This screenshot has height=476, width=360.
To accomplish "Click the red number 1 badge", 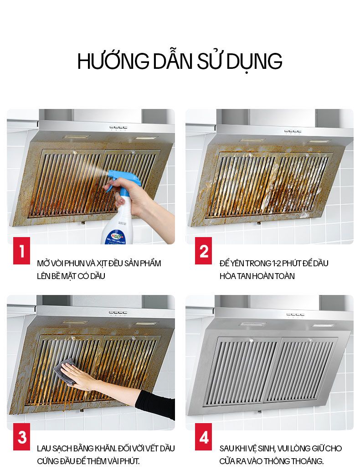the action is [21, 251].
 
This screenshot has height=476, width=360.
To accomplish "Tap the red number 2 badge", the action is [204, 251].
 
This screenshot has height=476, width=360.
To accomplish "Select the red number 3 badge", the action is [21, 437].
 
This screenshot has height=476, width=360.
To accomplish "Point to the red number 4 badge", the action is [204, 437].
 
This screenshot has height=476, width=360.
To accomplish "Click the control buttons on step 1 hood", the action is [118, 128].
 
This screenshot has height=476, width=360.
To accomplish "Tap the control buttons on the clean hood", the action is [295, 315].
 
